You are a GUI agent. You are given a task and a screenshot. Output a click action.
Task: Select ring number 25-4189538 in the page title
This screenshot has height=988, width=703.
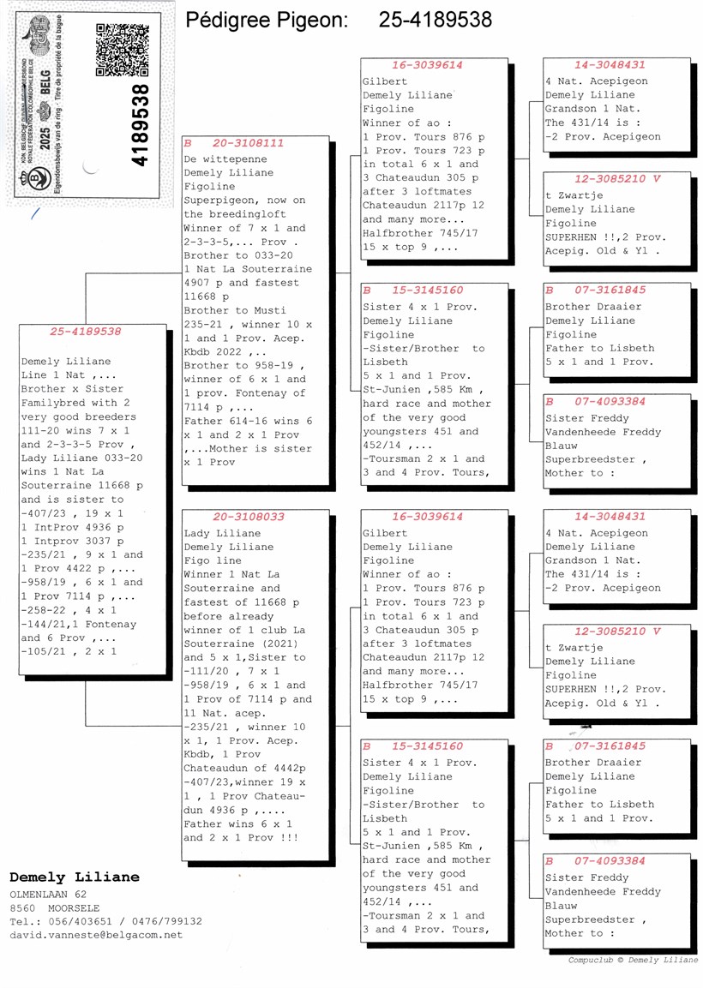[x=436, y=20]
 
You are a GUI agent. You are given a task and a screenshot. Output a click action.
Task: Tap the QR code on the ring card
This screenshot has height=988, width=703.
[x=123, y=51]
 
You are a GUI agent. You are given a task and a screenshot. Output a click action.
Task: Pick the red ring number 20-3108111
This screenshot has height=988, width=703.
[x=248, y=143]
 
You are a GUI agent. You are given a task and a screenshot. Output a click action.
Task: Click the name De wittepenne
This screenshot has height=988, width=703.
[x=225, y=159]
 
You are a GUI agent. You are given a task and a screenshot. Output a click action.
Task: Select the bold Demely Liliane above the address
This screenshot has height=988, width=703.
[x=74, y=877]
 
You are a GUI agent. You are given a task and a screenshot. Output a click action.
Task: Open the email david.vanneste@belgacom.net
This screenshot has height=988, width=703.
[x=96, y=935]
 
